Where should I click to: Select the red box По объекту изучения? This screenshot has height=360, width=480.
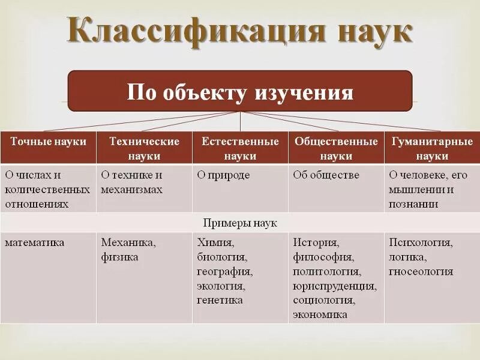[240, 91]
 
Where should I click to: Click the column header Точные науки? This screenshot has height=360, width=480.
[48, 142]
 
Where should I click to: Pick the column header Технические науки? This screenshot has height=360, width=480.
[144, 148]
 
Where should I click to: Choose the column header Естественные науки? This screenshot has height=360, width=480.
[240, 148]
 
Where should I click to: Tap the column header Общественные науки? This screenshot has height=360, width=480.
[336, 148]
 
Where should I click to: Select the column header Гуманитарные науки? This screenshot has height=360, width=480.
[432, 148]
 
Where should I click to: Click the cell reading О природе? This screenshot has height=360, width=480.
[223, 175]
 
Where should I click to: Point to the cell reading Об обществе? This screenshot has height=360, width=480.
[326, 175]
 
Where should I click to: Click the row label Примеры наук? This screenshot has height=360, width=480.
[240, 223]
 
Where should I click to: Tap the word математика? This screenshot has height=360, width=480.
[35, 243]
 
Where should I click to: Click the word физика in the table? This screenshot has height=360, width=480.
[119, 257]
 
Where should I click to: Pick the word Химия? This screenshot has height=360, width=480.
[215, 243]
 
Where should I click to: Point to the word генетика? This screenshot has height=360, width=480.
[220, 300]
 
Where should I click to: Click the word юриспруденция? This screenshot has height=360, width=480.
[334, 286]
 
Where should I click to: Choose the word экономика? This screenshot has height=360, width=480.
[320, 314]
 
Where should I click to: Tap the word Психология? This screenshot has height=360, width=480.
[421, 243]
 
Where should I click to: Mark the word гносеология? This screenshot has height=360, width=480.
[421, 272]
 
